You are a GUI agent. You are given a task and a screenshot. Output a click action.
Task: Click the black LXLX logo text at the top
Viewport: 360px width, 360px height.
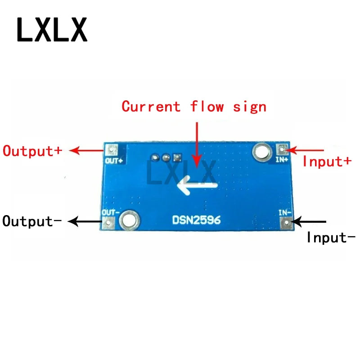(52, 29)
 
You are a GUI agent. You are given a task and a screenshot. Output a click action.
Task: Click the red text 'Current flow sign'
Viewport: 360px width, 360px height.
(194, 107)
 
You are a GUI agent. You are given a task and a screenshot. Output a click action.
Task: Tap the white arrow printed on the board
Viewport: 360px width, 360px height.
(198, 185)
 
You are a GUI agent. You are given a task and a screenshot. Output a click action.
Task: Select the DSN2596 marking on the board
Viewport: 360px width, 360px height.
(197, 220)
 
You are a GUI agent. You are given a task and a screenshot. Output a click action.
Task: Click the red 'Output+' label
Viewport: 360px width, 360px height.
(32, 150)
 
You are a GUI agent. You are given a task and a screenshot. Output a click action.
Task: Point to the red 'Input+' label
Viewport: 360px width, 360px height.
(327, 161)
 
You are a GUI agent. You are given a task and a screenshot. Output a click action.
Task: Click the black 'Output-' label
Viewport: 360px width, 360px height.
(31, 221)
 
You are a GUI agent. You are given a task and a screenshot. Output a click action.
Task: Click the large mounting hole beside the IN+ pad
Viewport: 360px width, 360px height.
(261, 151)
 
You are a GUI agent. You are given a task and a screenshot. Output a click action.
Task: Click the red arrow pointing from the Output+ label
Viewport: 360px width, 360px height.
(88, 151)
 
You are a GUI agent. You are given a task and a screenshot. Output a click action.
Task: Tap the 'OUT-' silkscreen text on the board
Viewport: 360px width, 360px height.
(111, 211)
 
